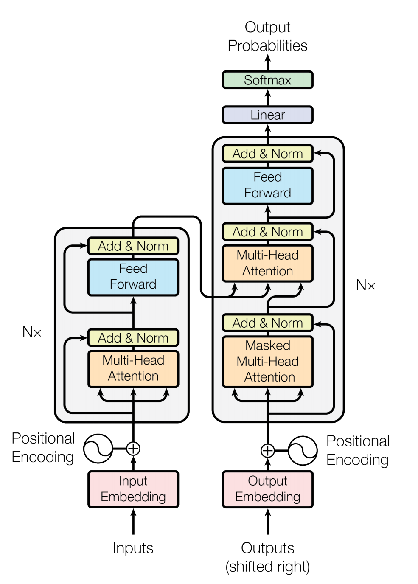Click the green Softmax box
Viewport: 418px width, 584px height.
(267, 80)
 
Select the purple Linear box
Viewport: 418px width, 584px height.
(267, 115)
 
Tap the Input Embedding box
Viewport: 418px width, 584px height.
(133, 489)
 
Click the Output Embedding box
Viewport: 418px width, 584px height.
(267, 489)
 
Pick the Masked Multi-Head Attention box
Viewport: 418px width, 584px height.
(267, 362)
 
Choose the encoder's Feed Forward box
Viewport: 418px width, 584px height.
(133, 277)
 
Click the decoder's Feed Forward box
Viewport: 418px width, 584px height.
(267, 185)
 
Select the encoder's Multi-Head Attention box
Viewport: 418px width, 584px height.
(133, 368)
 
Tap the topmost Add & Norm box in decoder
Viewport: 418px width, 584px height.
(267, 154)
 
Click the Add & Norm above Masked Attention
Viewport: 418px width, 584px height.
(267, 323)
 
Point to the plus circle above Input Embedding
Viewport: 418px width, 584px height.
(133, 449)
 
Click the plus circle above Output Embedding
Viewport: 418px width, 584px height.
(267, 450)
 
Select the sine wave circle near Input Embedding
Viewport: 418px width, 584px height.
(98, 449)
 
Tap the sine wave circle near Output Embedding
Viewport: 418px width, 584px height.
(303, 450)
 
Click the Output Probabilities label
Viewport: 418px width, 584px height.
(267, 36)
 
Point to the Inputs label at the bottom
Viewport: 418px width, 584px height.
(133, 548)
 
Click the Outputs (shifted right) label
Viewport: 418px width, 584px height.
(267, 557)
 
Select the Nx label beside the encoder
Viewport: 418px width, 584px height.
(32, 332)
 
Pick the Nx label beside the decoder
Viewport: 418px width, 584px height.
(365, 285)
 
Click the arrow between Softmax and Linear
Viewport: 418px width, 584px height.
(267, 97)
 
